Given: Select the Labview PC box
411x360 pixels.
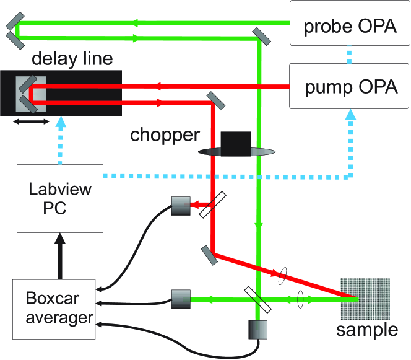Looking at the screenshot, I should (x=59, y=198).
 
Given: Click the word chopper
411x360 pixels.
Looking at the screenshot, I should (x=165, y=134).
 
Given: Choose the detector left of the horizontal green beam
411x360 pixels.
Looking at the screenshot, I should (x=181, y=299).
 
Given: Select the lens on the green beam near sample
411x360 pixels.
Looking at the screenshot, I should (x=301, y=299).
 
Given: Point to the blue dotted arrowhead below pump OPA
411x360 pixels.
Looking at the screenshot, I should (x=352, y=115).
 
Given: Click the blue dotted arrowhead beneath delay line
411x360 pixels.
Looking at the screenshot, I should (x=59, y=122).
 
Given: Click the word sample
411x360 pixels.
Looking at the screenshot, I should (x=367, y=330).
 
